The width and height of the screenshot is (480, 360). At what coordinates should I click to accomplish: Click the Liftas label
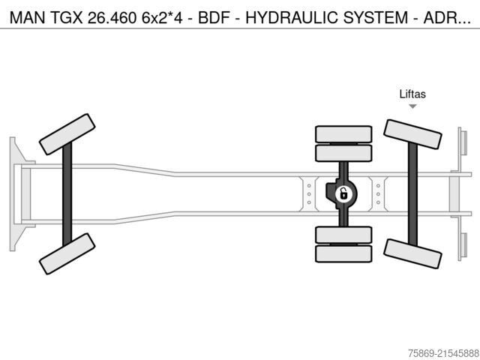tap(412, 94)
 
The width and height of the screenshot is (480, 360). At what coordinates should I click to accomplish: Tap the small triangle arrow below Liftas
tap(412, 106)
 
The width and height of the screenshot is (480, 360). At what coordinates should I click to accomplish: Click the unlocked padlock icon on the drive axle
tap(343, 194)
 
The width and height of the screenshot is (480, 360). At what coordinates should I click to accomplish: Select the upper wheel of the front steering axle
tap(67, 134)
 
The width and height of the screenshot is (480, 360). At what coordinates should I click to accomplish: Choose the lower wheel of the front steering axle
tap(67, 253)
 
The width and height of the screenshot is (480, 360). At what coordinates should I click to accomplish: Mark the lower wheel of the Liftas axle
tap(412, 253)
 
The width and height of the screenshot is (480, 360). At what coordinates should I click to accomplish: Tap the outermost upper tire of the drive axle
tap(343, 133)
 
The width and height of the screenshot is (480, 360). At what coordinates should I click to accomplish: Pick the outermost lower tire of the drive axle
tap(343, 253)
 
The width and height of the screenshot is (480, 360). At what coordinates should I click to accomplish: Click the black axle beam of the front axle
tap(67, 193)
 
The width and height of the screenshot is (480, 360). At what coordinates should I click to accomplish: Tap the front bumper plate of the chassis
tap(13, 193)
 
